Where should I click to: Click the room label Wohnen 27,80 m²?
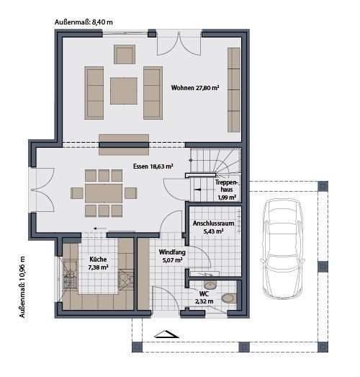point(195,88)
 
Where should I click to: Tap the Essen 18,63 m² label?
point(153,166)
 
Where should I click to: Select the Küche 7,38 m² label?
point(99,263)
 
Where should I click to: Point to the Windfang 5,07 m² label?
point(171,257)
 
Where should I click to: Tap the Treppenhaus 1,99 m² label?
point(227,189)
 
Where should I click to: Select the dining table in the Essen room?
point(104,192)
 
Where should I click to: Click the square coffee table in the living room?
point(123,90)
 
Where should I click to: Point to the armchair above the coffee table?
point(125,54)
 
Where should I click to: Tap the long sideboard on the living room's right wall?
point(234,89)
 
